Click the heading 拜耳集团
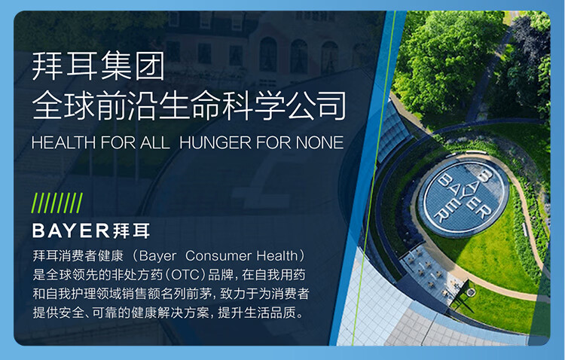point(99,66)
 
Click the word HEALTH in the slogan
point(63,142)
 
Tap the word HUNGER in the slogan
point(215,142)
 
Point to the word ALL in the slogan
point(155,142)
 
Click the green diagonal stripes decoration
point(57,203)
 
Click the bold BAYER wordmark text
point(71,230)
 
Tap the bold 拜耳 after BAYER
point(131,230)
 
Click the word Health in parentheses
point(276,256)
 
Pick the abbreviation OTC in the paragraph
point(185,275)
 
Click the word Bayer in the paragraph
point(157,256)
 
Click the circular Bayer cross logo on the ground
point(464,197)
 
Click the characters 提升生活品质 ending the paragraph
point(257,313)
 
